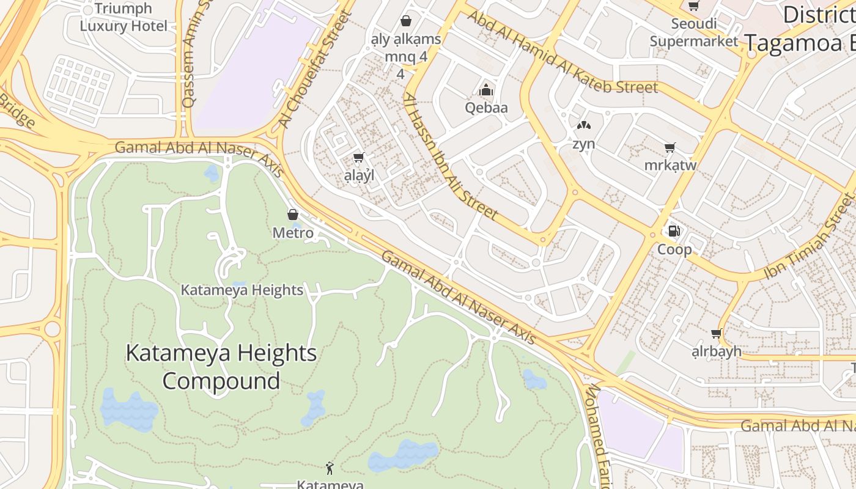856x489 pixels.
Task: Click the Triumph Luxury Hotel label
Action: click(x=124, y=17)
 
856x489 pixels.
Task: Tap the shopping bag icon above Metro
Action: click(x=293, y=215)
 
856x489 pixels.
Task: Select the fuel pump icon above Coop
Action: click(x=674, y=231)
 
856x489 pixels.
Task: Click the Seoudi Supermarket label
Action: click(x=694, y=32)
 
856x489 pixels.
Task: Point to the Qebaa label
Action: click(x=487, y=108)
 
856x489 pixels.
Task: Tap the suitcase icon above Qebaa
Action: click(x=487, y=90)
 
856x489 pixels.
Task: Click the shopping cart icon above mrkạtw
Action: click(x=670, y=147)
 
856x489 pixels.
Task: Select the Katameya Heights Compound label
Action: click(x=221, y=367)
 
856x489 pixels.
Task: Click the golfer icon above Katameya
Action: click(x=330, y=468)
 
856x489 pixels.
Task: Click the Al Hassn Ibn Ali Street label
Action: click(x=451, y=156)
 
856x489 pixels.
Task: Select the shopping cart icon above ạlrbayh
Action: click(x=716, y=334)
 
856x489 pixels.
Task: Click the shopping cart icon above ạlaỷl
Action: click(x=359, y=158)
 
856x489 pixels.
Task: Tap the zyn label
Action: click(x=584, y=144)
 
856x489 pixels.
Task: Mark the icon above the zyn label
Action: click(x=584, y=126)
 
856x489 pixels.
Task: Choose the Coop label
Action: click(x=674, y=249)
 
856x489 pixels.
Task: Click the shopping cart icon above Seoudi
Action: click(x=694, y=6)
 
